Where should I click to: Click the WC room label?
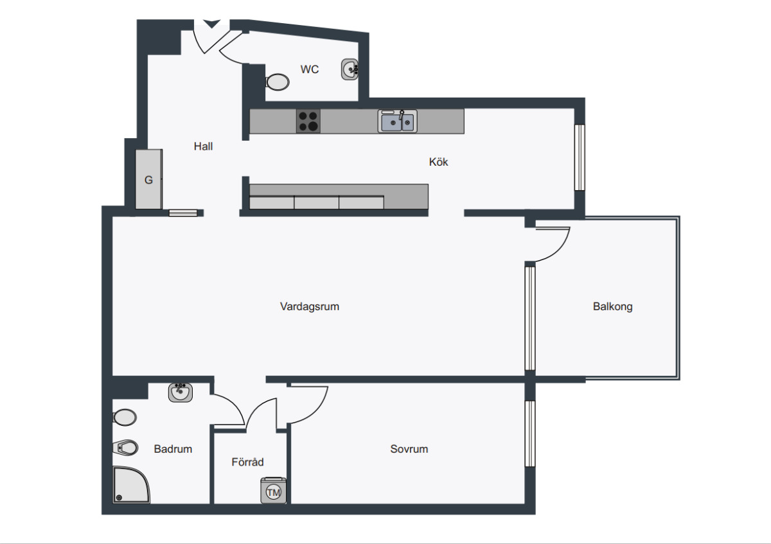pos(310,69)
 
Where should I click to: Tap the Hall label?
pos(203,146)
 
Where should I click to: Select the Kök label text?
pos(438,162)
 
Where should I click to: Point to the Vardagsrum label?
pos(310,306)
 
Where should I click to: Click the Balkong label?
pos(613,306)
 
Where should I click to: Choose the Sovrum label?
pos(409,449)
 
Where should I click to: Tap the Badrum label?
pos(173,449)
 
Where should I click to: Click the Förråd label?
pos(247,461)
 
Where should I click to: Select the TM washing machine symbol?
pos(274,491)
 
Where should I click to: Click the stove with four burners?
pos(308,121)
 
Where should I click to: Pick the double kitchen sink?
pos(398,121)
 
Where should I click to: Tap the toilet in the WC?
pos(278,82)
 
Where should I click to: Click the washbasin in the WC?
pos(350,69)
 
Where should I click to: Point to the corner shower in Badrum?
pos(131,485)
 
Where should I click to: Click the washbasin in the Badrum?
pos(181,392)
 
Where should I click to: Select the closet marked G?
pos(148,179)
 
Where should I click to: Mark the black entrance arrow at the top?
pos(211,23)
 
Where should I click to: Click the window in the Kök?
pos(580,157)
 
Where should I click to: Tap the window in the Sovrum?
pos(530,434)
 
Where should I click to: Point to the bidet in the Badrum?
pos(125,448)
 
